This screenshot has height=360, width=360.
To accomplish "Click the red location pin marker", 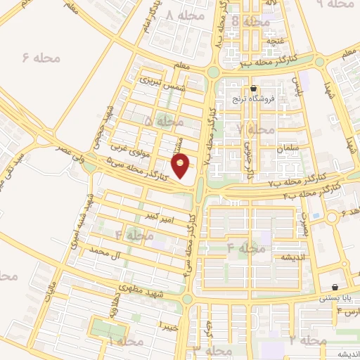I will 181,167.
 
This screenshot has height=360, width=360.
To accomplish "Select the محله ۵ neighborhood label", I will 162,122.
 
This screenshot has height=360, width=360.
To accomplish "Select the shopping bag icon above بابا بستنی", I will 334,288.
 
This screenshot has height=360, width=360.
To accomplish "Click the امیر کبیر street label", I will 155,210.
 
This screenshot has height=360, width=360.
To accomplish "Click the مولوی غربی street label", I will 127,148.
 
